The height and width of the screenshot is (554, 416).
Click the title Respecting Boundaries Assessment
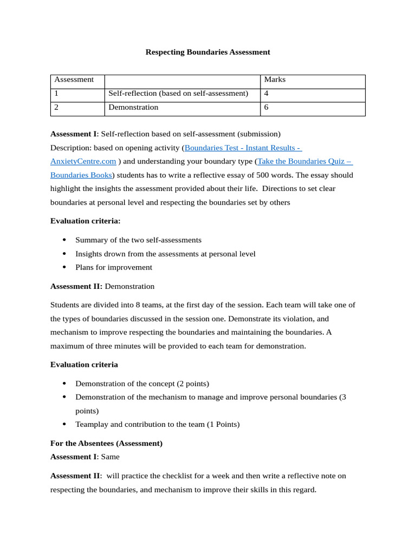207,52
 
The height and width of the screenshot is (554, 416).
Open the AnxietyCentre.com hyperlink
83,161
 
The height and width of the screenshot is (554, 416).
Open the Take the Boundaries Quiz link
305,161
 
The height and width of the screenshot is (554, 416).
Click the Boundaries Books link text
81,175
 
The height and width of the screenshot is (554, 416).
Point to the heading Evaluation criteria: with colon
85,221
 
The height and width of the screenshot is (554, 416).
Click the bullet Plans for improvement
114,267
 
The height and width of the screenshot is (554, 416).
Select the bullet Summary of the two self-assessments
138,240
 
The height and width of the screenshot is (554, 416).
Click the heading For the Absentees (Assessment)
106,443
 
